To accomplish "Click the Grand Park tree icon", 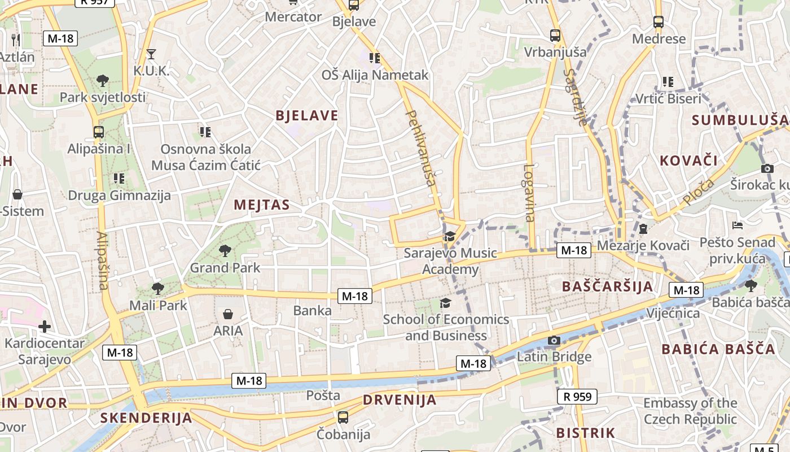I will (225, 250).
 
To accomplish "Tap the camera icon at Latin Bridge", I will (554, 340).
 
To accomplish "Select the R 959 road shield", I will (577, 397).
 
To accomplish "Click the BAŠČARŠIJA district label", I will (607, 286).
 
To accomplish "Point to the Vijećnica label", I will (673, 313).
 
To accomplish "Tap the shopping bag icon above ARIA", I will (228, 314).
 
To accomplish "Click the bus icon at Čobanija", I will (343, 418).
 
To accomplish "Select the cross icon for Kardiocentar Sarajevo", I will (45, 326).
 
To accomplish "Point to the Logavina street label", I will (529, 193).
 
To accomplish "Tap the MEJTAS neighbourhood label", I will (261, 205).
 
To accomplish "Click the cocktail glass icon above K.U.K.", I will (151, 54).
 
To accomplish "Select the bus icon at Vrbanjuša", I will (555, 36).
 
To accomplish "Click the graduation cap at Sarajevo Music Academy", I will (450, 236).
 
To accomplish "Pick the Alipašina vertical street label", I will (102, 260).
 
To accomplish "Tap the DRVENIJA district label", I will (400, 400).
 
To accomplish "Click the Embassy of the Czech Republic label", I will (690, 411).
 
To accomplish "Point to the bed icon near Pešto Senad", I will (737, 225).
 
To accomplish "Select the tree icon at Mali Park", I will (158, 289).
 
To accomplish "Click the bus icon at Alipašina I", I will (99, 132).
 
